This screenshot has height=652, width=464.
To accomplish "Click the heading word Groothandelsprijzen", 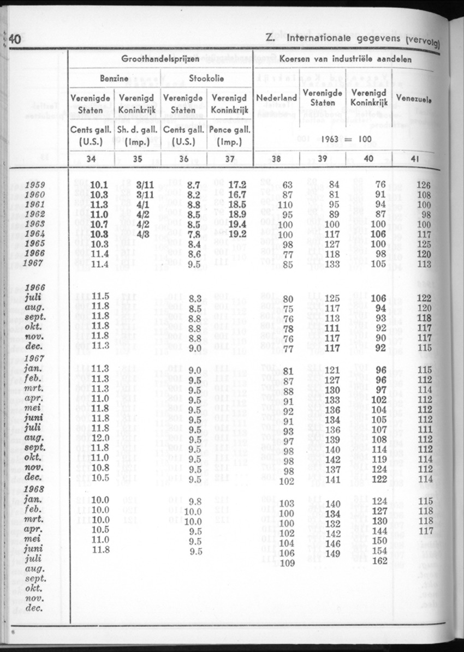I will coord(160,59).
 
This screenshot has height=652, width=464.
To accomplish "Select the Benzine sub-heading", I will coord(114,79).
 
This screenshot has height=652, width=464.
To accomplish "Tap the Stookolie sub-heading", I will coord(206,79).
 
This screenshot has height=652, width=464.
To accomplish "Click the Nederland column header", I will coord(277,98).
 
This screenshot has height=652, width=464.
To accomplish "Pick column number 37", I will coord(229,159).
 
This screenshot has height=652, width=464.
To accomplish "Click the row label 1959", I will coord(35,185).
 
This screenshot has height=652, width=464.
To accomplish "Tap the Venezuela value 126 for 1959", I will coord(424,185).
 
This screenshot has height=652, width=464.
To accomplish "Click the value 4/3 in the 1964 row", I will coord(145,234).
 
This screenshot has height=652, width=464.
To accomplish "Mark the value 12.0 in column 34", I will coord(99,439).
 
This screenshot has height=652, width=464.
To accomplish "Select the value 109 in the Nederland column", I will coord(287,564).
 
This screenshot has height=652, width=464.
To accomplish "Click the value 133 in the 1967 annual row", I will coord(332,265).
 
